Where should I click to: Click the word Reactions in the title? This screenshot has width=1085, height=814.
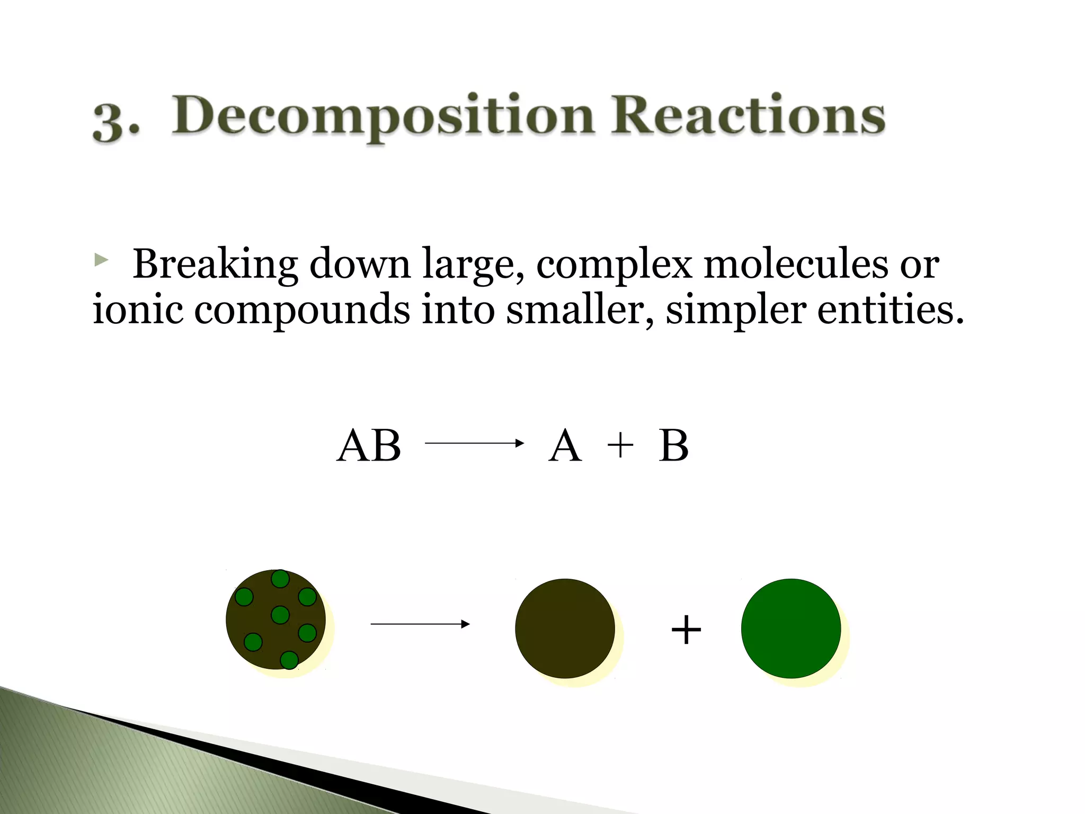coord(748,115)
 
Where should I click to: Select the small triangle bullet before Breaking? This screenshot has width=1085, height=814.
coord(101,260)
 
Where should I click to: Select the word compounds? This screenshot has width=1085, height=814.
coord(302,310)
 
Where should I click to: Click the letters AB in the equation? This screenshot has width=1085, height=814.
coord(369,446)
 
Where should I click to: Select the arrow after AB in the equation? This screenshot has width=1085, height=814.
coord(474,443)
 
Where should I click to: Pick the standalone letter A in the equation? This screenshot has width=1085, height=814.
coord(565,446)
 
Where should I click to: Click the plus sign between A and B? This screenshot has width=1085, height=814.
coord(620,446)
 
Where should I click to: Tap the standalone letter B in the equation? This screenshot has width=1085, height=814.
coord(673,446)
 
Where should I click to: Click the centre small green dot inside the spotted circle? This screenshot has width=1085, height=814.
coord(280,615)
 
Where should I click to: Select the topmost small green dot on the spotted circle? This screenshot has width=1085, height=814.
coord(280,579)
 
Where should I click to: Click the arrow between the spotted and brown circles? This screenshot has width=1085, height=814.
coord(420,624)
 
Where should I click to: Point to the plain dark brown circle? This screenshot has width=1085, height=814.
coord(565,629)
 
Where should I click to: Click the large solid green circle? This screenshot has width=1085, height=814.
coord(790,629)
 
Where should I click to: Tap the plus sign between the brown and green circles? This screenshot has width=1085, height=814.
coord(686,630)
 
